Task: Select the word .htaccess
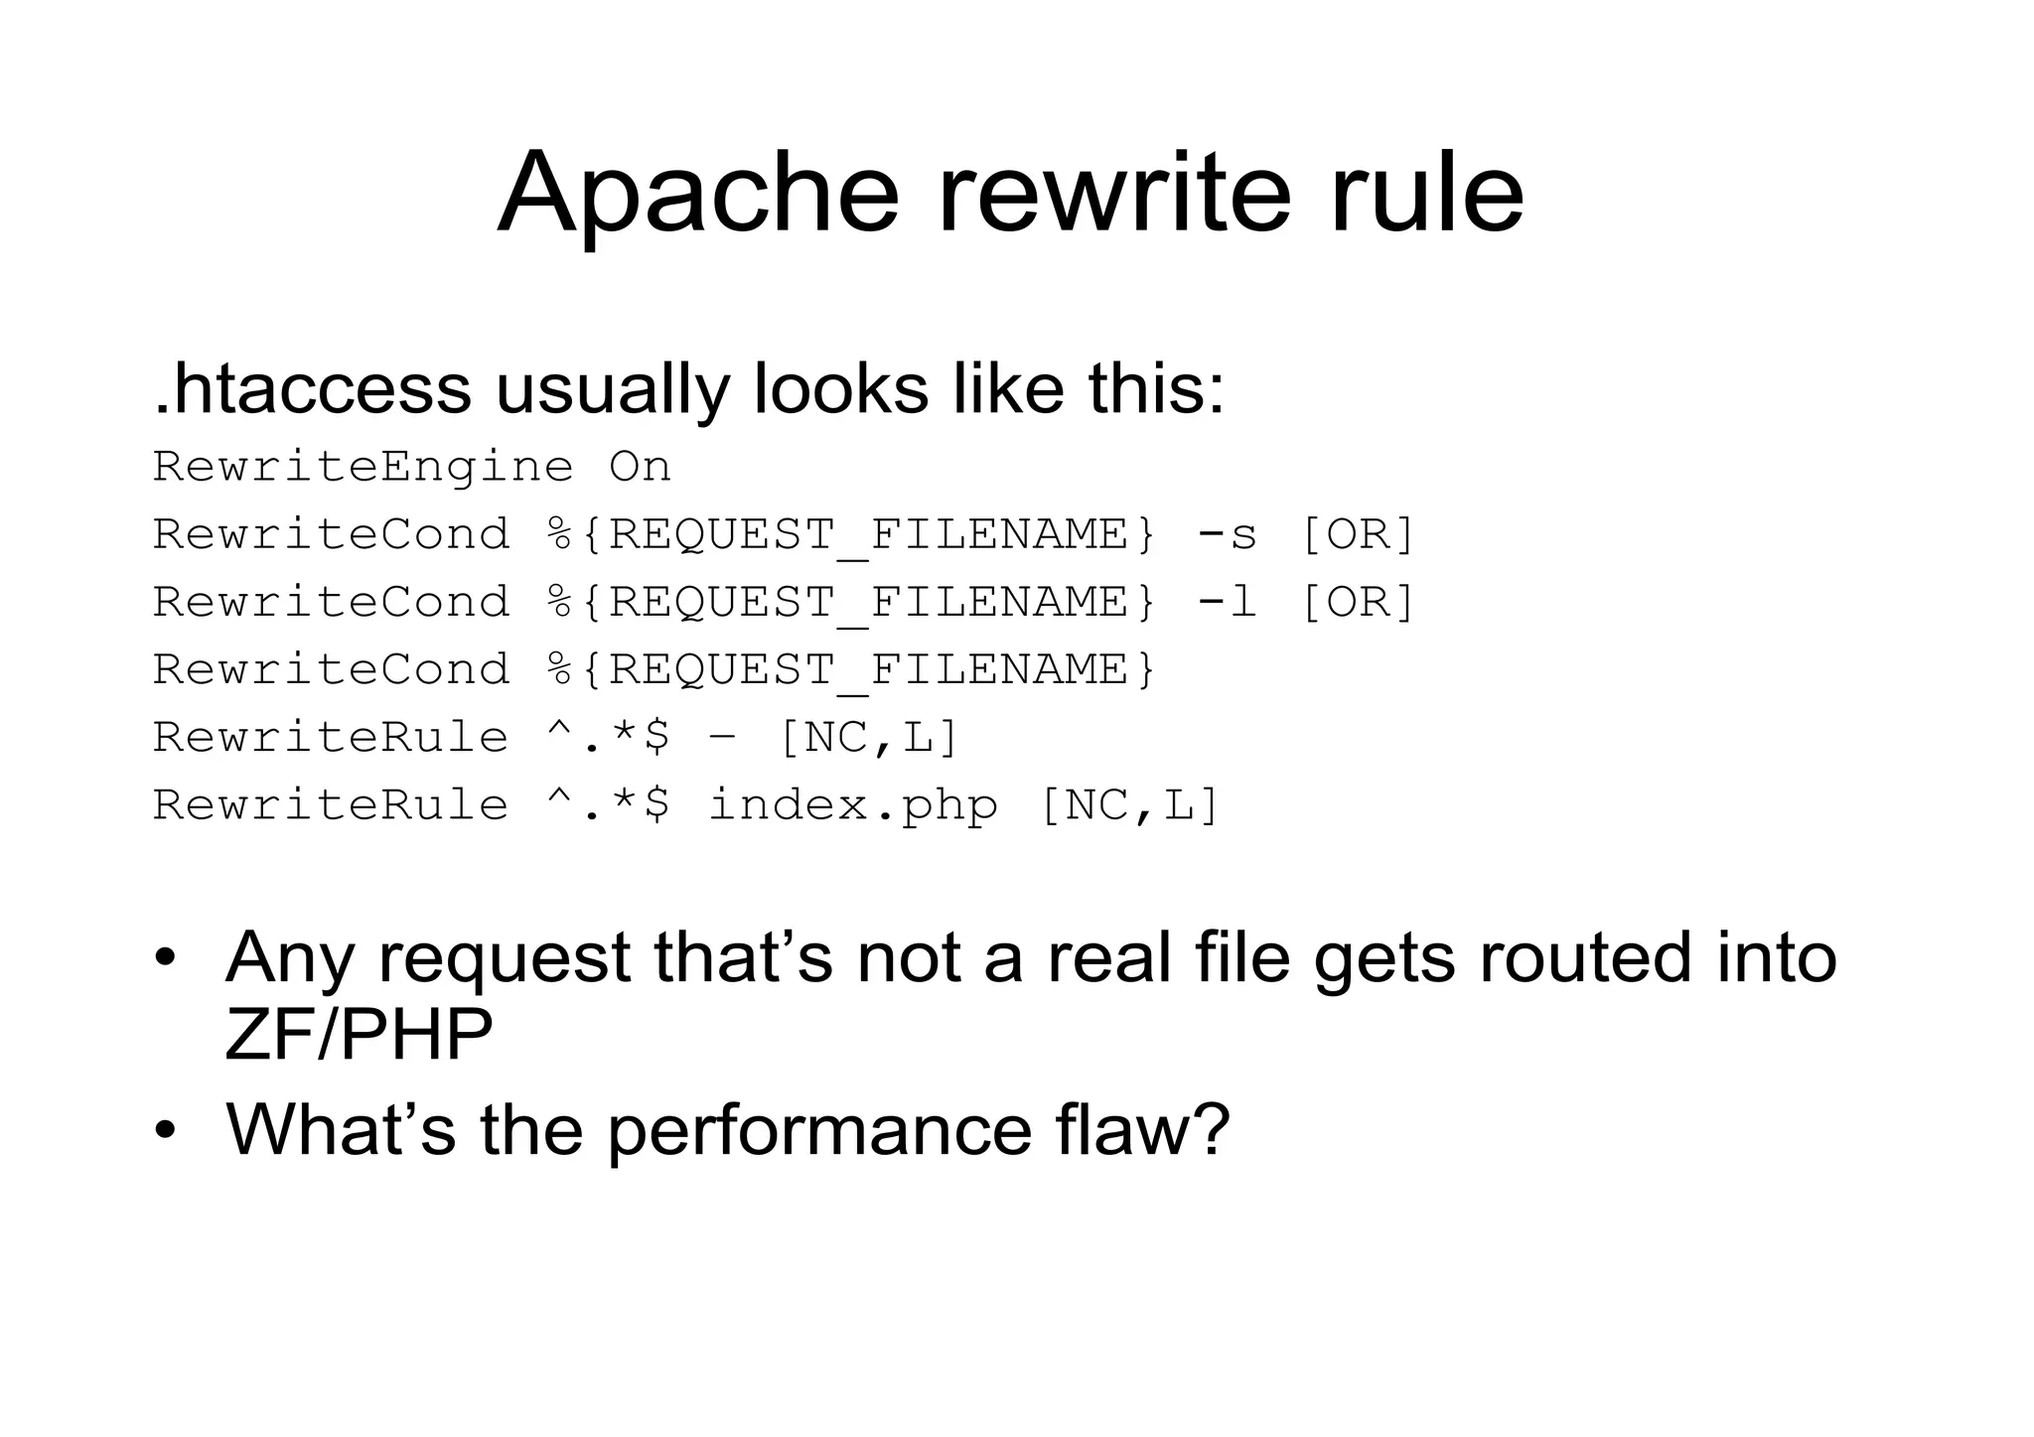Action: (x=313, y=388)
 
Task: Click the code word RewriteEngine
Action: (x=363, y=467)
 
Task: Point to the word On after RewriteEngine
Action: (x=641, y=467)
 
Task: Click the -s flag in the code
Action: (x=1228, y=534)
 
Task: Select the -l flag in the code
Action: (x=1228, y=602)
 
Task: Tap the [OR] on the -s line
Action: (x=1357, y=534)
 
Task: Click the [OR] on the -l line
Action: (x=1357, y=602)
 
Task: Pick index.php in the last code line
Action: (x=853, y=804)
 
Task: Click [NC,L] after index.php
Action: (x=1129, y=804)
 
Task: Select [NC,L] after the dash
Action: (x=869, y=738)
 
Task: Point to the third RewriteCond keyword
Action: (x=332, y=669)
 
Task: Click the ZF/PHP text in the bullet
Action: (x=360, y=1035)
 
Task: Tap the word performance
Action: (x=819, y=1129)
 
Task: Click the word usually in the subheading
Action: (x=612, y=388)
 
